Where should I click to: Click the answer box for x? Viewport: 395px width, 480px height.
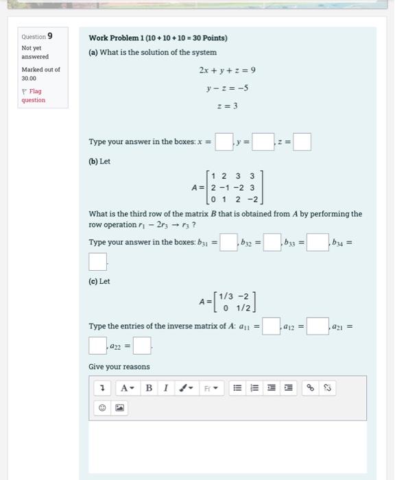tap(224, 142)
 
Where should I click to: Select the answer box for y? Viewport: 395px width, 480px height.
tap(263, 142)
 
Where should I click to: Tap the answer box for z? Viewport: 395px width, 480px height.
tap(302, 142)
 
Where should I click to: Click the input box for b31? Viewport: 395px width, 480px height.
tap(228, 243)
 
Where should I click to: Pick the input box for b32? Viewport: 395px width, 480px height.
tap(272, 243)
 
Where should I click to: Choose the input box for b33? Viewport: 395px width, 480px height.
tap(316, 243)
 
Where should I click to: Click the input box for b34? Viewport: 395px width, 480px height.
tap(98, 262)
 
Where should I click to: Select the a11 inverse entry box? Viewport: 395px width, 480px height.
tap(270, 326)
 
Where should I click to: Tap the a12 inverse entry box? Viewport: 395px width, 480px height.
tap(317, 326)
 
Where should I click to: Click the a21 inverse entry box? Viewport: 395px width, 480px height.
tap(98, 344)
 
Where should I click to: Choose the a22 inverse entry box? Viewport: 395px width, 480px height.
tap(142, 344)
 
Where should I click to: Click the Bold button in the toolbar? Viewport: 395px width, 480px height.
tap(149, 388)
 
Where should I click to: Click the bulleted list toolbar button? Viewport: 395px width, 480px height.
tap(237, 388)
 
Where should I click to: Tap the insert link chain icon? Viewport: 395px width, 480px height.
tap(311, 388)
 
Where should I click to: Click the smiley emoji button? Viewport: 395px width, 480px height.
tap(103, 408)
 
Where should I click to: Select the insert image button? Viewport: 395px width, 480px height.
tap(119, 408)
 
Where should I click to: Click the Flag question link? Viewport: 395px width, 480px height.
tap(32, 95)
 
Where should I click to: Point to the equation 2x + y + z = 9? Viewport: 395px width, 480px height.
tap(227, 70)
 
